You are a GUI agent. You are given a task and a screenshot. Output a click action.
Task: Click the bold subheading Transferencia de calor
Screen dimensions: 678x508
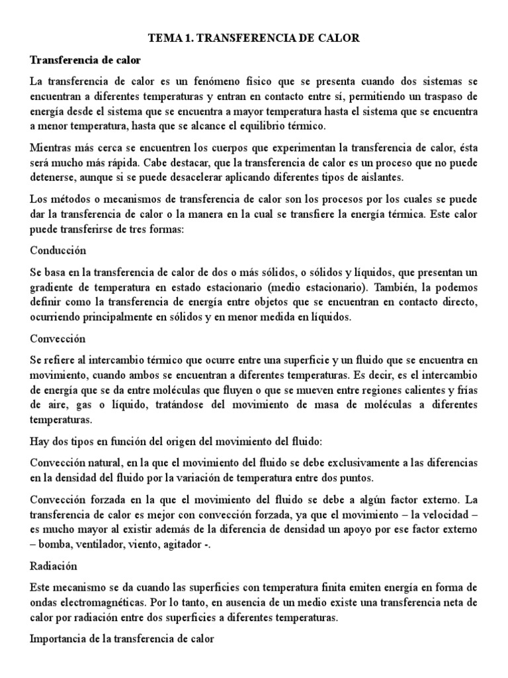[85, 60]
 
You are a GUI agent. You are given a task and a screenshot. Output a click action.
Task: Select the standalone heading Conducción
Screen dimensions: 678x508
[58, 251]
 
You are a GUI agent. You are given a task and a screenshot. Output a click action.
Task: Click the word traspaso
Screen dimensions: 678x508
[450, 96]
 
